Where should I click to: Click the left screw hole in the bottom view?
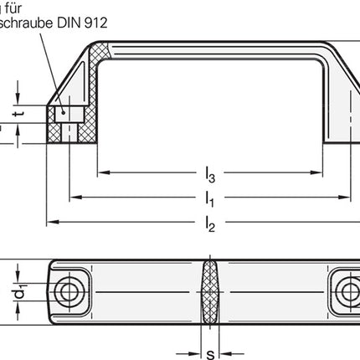(x=66, y=290)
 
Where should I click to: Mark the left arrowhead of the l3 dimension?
(x=102, y=173)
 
